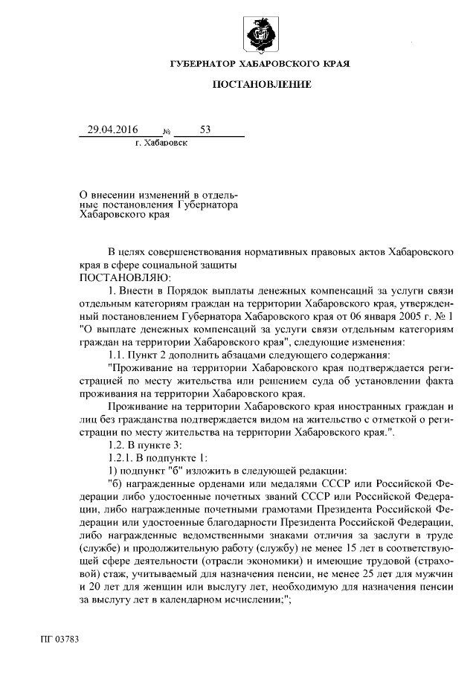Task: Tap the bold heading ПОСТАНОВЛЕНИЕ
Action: [x=261, y=86]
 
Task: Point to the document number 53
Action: [x=205, y=129]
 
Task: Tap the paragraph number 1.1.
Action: [x=118, y=352]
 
